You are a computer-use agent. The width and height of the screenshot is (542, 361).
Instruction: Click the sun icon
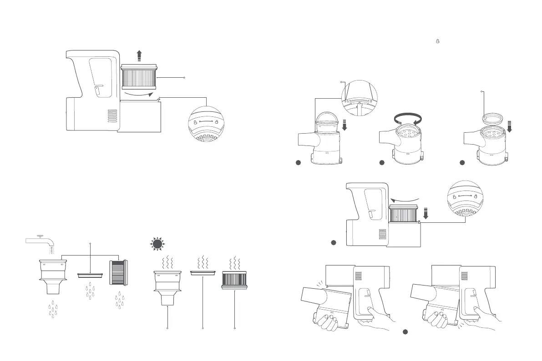(157, 244)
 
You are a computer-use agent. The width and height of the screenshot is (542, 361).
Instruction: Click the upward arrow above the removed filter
(139, 56)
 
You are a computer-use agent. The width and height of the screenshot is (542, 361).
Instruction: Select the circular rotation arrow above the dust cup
(408, 119)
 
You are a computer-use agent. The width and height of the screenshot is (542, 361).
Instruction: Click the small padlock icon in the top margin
(438, 41)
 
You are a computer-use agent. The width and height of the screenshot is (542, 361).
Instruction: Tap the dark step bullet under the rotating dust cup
(382, 163)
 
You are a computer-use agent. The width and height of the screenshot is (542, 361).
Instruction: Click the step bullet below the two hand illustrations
(405, 332)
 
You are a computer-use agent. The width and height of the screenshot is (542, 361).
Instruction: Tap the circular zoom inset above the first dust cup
(360, 98)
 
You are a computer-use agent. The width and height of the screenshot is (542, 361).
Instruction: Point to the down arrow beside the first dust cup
(344, 125)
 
